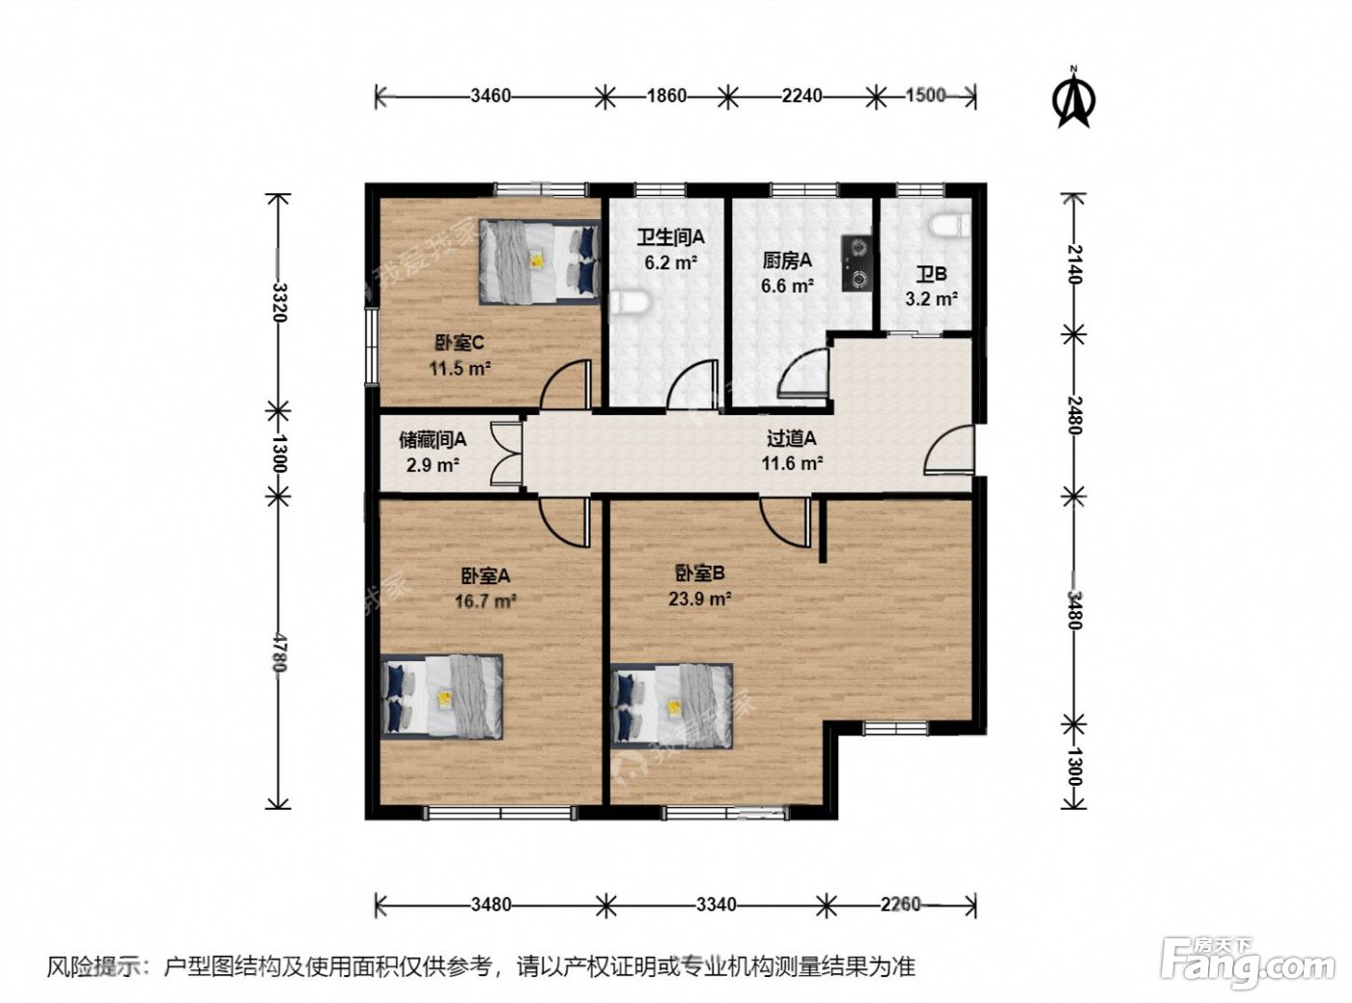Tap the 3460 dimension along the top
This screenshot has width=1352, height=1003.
tap(490, 97)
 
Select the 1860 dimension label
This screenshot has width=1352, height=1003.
tap(666, 97)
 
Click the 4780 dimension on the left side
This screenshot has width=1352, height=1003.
tap(279, 652)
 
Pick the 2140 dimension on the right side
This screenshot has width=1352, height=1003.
tap(1074, 264)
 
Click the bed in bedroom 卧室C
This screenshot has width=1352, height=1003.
tap(539, 262)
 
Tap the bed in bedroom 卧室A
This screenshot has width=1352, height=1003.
tap(442, 696)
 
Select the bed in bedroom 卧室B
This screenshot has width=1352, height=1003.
tap(672, 706)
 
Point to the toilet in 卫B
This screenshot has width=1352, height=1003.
tap(951, 225)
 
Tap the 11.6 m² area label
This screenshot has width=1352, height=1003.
tap(793, 463)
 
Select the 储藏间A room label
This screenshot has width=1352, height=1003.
tap(433, 438)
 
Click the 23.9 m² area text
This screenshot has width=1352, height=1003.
tap(700, 599)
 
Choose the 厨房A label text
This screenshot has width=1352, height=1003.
tap(788, 261)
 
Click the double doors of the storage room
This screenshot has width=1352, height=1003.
tap(507, 454)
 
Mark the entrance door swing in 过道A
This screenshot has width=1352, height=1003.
tap(949, 450)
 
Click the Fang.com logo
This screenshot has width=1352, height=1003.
tap(1247, 967)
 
